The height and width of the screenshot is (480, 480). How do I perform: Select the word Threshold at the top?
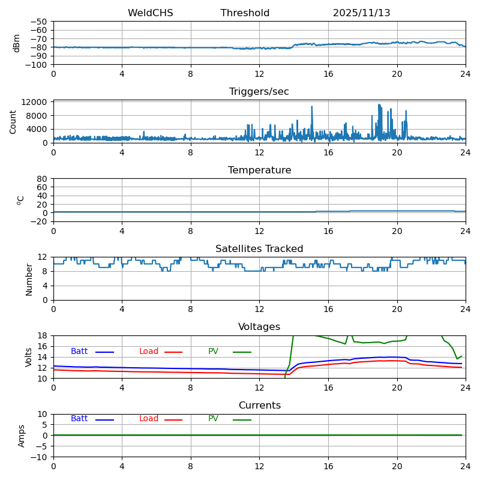(245, 13)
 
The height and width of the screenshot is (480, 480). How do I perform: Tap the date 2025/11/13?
(361, 13)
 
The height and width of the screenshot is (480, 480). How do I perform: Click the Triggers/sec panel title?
(259, 92)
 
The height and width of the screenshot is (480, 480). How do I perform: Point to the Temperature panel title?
(259, 170)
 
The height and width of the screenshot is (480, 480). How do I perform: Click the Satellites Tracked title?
(259, 249)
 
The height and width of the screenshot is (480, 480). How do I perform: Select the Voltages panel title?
(259, 327)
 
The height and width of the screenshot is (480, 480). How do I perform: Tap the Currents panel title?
(259, 406)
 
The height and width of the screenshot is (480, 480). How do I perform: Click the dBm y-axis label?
(17, 43)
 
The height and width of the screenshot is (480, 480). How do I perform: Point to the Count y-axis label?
(13, 122)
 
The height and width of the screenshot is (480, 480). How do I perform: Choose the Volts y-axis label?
(29, 357)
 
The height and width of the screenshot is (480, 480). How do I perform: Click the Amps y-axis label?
(22, 436)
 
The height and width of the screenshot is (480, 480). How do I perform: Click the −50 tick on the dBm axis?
(38, 22)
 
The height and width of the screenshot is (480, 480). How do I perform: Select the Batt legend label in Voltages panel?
(79, 352)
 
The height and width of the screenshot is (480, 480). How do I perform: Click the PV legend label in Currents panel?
(213, 419)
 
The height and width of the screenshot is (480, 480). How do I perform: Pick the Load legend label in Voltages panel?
(149, 352)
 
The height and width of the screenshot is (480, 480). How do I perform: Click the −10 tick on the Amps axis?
(40, 457)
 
